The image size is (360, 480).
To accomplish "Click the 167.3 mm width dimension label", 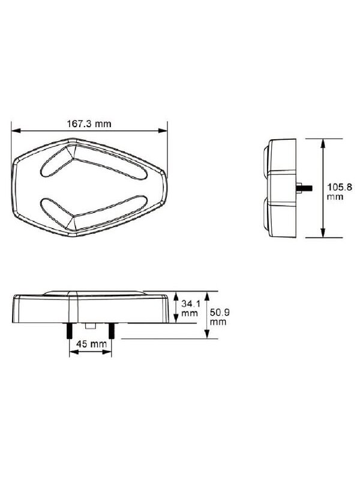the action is click(x=89, y=124).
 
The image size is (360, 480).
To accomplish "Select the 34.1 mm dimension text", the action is click(x=190, y=308).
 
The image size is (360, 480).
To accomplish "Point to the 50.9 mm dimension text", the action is click(x=219, y=317).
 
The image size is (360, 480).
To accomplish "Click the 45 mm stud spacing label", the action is click(x=91, y=344).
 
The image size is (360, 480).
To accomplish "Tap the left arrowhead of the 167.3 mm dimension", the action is click(x=16, y=131).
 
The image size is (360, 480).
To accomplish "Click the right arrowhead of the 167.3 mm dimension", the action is click(x=163, y=131).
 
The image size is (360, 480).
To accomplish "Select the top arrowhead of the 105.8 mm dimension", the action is click(x=323, y=143).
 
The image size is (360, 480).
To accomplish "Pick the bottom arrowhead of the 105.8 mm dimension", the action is click(x=323, y=233).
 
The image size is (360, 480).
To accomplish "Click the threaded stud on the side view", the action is click(x=304, y=187).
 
